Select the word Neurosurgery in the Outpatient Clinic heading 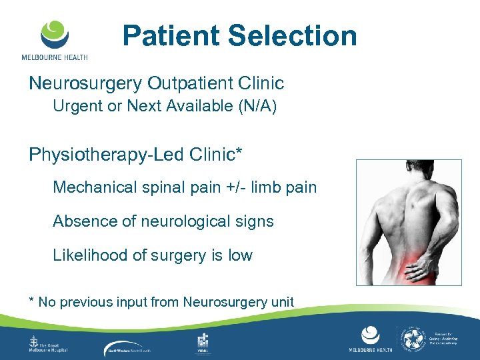point(85,83)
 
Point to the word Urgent point(75,106)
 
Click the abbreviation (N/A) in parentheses point(254,106)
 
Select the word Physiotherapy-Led point(107,155)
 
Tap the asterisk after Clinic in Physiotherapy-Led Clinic point(238,152)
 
